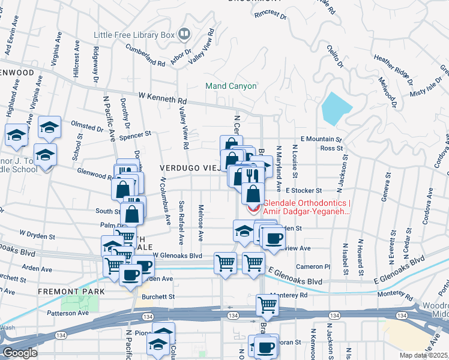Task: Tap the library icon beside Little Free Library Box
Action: pyautogui.click(x=184, y=34)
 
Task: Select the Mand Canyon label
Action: pyautogui.click(x=231, y=86)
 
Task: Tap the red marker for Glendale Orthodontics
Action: pyautogui.click(x=253, y=209)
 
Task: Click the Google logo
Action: pyautogui.click(x=20, y=353)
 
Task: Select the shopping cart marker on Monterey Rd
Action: pyautogui.click(x=267, y=305)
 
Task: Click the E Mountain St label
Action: pyautogui.click(x=321, y=139)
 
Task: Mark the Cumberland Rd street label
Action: pyautogui.click(x=145, y=58)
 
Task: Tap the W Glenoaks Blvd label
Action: pyautogui.click(x=177, y=255)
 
